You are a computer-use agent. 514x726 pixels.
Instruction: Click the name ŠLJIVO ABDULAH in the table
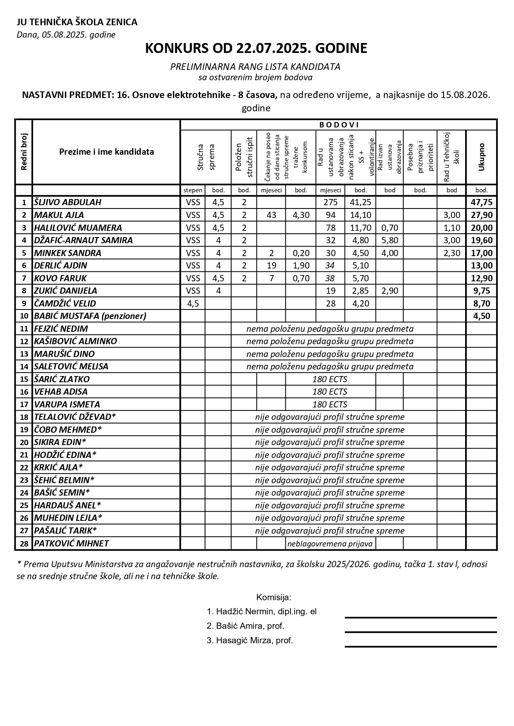tap(68, 202)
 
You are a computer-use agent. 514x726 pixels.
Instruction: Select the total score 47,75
tap(481, 202)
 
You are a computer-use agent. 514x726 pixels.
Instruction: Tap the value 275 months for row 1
tap(330, 202)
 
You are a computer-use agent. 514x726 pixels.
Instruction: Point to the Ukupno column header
tap(481, 157)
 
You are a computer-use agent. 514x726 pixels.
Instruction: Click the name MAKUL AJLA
tap(59, 215)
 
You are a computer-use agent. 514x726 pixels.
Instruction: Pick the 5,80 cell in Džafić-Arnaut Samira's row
tap(389, 240)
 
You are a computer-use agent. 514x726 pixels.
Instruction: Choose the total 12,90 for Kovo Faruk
tap(481, 278)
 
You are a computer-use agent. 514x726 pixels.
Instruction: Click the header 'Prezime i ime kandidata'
tap(106, 152)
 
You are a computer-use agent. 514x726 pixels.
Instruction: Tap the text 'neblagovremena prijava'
tap(330, 544)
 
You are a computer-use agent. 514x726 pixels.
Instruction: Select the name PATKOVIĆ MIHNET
tap(71, 544)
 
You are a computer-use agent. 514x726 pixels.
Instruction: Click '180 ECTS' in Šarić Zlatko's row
tap(330, 379)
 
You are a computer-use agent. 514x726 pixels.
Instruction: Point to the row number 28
tap(24, 544)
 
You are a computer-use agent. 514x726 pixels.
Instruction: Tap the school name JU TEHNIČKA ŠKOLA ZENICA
tap(77, 22)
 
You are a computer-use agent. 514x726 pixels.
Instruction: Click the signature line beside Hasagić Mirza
tap(420, 646)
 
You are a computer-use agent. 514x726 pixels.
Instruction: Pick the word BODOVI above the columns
tap(339, 125)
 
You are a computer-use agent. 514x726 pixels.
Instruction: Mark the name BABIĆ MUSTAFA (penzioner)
tap(90, 316)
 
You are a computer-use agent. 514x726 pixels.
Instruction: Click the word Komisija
tap(274, 597)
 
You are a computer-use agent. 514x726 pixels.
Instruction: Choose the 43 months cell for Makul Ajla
tap(271, 215)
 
